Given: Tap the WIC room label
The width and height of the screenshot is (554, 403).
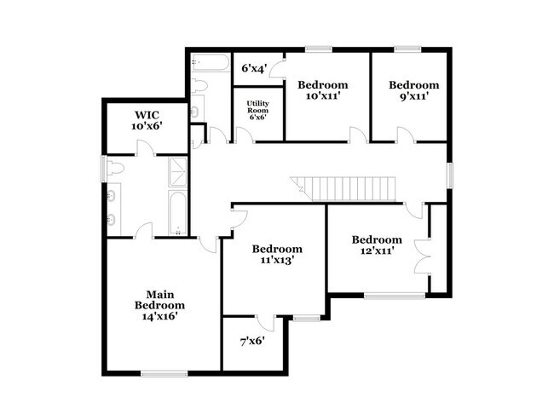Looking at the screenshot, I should (x=147, y=114).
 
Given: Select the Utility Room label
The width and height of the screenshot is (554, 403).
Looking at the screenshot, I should (x=257, y=110).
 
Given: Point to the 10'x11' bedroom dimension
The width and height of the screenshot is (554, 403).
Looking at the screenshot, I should (x=322, y=97).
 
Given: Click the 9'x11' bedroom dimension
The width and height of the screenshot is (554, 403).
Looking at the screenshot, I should (x=414, y=97).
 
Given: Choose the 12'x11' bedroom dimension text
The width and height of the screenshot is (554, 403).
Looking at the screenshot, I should (x=377, y=251).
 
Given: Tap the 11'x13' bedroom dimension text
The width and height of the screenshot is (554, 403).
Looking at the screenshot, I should (x=277, y=261).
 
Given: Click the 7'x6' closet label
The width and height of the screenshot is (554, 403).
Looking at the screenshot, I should (x=251, y=341).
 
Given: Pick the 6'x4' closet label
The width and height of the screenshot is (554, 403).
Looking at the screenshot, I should (x=255, y=68).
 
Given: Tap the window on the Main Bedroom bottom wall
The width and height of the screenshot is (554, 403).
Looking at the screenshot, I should (x=164, y=372).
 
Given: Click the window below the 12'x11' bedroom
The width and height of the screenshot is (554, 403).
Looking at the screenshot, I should (x=394, y=296).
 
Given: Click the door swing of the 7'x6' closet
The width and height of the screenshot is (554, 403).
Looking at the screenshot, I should (x=266, y=323).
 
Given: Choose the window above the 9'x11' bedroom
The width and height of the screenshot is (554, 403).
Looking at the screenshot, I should (x=407, y=49).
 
